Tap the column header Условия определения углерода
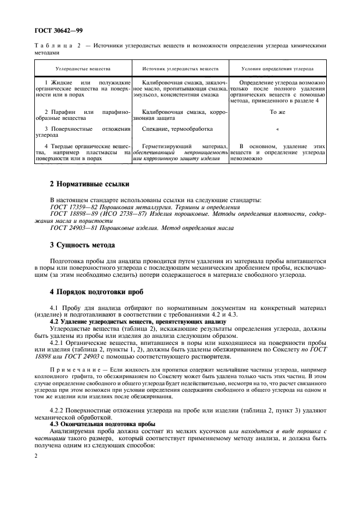click(278, 70)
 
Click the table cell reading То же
click(278, 112)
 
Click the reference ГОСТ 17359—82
click(71, 207)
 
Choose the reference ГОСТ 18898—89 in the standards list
click(71, 214)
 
